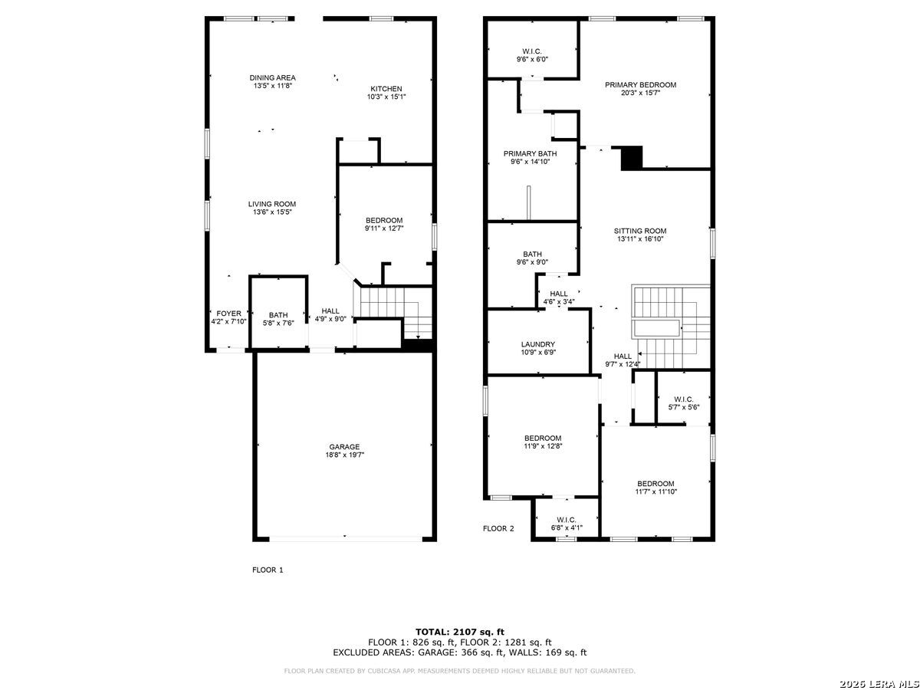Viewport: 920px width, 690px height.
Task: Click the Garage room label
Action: point(344,447)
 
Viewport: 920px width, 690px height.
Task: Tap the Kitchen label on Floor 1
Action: point(386,89)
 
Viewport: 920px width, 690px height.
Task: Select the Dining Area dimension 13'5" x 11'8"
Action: point(272,86)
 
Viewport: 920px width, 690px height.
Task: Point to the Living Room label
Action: point(272,204)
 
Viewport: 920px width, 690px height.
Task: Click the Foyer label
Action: point(228,314)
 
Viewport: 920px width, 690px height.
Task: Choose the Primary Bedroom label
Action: point(640,85)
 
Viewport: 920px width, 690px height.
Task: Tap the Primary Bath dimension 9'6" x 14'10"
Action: point(531,162)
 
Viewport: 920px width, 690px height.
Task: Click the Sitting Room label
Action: point(640,231)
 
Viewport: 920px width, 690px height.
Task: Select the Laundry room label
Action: point(538,344)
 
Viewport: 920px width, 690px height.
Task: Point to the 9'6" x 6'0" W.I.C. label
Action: point(532,51)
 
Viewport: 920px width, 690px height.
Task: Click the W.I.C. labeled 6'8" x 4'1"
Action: point(567,520)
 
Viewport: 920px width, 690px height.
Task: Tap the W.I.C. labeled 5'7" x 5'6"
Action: point(684,399)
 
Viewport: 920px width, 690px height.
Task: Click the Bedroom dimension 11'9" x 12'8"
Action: point(543,446)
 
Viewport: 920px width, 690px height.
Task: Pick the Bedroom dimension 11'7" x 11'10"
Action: point(656,491)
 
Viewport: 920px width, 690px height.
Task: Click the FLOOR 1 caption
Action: point(268,570)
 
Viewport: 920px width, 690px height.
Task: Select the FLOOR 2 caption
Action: point(498,528)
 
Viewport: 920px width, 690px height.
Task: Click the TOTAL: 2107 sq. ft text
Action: point(460,632)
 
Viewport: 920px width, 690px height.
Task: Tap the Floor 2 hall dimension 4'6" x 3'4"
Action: point(559,301)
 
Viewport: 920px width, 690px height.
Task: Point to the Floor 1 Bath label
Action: point(278,315)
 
